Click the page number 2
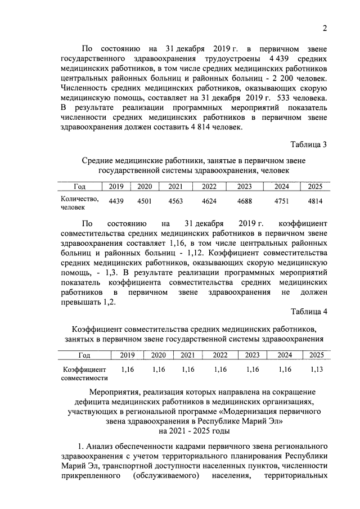point(325,29)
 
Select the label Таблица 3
point(309,146)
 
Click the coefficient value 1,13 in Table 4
point(317,370)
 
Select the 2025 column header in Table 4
point(317,355)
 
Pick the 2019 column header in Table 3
point(116,187)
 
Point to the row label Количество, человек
point(79,202)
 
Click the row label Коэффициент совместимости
point(83,374)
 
